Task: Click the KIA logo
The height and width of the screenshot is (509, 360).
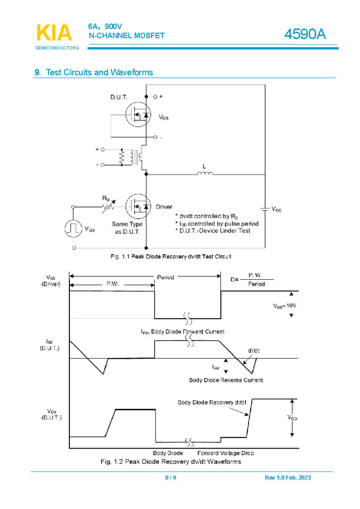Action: point(54,33)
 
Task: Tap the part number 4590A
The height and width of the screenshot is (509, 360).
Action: point(305,34)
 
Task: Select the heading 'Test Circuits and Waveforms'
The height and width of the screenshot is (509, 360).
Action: point(99,73)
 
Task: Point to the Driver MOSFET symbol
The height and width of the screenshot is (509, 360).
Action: point(138,206)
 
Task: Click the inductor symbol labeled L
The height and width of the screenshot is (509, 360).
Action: point(205,174)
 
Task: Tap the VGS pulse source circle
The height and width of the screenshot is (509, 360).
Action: point(73,228)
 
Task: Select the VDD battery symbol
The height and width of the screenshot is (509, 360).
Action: point(265,209)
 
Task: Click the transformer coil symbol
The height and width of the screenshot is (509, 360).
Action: point(132,157)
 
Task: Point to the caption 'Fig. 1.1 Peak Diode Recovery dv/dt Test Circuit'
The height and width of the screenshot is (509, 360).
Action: point(170,256)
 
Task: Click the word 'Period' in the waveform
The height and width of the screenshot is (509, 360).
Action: point(165,277)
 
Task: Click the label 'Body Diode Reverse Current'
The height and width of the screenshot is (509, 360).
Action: point(226,380)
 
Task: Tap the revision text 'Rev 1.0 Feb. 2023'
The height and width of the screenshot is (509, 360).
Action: point(289,478)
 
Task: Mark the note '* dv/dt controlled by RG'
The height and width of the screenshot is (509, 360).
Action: point(205,215)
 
